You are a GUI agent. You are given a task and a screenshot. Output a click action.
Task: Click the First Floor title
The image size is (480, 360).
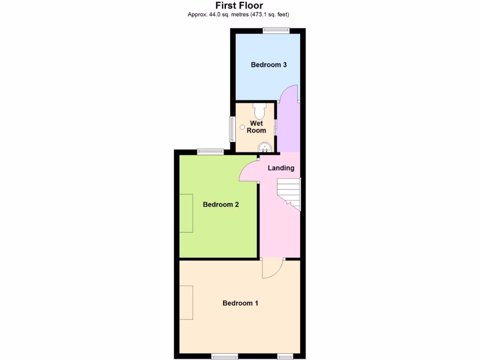(x=239, y=6)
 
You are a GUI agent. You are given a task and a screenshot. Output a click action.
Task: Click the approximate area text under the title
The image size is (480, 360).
(x=239, y=15)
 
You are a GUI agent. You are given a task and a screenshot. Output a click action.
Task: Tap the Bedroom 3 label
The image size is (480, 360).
(x=269, y=65)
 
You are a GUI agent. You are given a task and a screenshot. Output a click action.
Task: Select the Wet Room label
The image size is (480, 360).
(x=256, y=127)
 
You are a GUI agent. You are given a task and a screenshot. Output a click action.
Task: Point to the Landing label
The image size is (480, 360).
(x=281, y=168)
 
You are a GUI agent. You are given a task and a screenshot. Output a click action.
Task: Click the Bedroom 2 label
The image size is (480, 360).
(x=221, y=204)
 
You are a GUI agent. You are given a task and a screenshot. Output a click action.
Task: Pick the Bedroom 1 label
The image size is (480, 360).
(x=240, y=303)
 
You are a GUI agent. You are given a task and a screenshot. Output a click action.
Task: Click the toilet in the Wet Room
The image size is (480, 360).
(x=259, y=111)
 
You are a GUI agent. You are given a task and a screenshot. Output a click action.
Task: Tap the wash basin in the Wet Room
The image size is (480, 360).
(x=265, y=148)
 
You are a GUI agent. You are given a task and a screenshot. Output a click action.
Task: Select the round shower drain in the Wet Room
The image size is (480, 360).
(x=242, y=127)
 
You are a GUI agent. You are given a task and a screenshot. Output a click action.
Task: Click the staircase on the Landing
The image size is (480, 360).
(x=289, y=193)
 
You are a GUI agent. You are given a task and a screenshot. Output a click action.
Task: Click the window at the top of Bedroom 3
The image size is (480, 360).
(x=276, y=31)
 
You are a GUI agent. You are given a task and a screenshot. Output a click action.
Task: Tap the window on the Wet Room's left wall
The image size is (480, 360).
(x=232, y=129)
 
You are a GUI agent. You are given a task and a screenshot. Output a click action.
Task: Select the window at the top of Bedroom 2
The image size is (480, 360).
(x=210, y=151)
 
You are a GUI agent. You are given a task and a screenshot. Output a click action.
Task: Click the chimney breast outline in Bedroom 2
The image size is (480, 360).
(x=186, y=213)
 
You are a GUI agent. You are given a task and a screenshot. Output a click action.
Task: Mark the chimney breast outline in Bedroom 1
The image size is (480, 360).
(x=186, y=302)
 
